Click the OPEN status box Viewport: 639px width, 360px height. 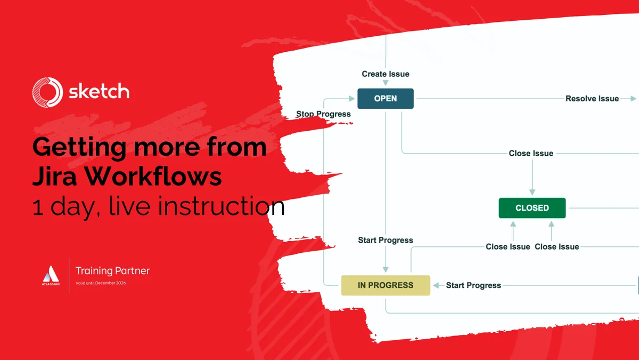(385, 99)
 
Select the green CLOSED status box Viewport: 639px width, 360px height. (532, 208)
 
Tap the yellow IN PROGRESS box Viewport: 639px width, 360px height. (385, 285)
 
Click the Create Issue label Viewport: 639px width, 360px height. (386, 74)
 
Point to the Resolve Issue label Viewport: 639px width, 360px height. (592, 99)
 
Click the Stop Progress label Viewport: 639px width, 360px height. (323, 114)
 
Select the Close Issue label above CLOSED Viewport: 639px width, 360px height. (531, 154)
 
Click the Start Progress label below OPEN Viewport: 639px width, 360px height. (386, 241)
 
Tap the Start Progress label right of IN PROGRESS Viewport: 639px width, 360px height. (473, 285)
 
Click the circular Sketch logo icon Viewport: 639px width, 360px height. (47, 92)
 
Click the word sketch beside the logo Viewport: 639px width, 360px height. (99, 92)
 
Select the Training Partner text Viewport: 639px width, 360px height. (112, 271)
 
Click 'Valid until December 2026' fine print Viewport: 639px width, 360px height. (101, 283)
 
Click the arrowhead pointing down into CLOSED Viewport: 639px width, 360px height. (532, 192)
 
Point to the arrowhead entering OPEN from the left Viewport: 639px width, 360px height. (351, 99)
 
